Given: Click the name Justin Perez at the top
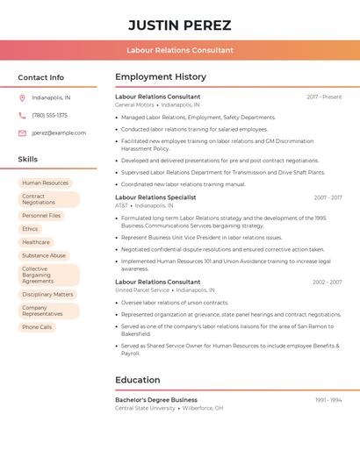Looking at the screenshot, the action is (x=180, y=25).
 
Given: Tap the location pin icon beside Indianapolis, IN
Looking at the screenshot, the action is (x=22, y=97).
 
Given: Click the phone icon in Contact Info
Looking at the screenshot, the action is (x=22, y=115).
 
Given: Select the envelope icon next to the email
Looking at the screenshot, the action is (x=22, y=133).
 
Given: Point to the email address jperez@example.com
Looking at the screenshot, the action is (x=59, y=133).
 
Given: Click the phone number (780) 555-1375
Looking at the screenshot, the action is (x=49, y=115).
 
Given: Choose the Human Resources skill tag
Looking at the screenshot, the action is (x=45, y=183).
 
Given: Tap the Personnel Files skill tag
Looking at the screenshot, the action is (x=41, y=215).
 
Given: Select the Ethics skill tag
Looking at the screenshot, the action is (x=30, y=229).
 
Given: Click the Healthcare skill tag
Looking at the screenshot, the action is (x=36, y=242).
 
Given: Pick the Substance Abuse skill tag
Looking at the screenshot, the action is (x=44, y=255).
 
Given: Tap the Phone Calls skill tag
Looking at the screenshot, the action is (x=37, y=327).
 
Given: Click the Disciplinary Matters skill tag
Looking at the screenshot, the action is (x=47, y=295).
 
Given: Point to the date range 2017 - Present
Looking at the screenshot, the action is (x=324, y=97).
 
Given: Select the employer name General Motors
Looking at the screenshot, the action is (x=134, y=104).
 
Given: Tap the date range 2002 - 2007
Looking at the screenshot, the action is (x=327, y=283).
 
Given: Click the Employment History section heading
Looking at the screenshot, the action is (x=161, y=77).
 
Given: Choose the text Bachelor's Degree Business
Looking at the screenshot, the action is (x=156, y=400).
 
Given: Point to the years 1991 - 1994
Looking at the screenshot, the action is (x=328, y=400).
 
